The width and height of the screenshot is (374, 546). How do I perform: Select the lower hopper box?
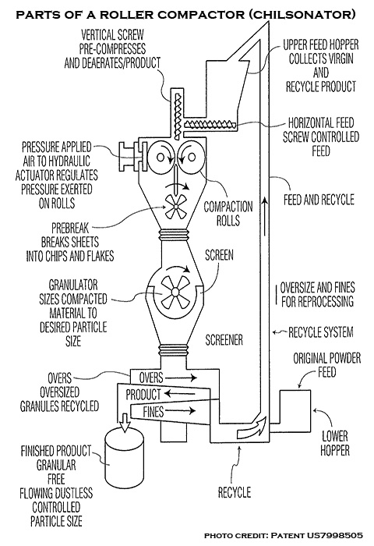pos(295,411)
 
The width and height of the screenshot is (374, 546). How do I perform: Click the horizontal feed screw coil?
pos(210,123)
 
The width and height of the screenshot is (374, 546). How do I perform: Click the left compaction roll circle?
pos(160,157)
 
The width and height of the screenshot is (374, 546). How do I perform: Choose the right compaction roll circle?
pos(191,157)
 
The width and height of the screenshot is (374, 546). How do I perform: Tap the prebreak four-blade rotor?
pos(176,207)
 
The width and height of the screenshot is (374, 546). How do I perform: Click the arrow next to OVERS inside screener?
pos(182,378)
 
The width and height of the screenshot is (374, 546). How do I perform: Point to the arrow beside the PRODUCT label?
pos(179,394)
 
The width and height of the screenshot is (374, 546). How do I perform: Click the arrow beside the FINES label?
pos(181,411)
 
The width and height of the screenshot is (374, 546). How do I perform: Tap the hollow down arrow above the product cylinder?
pos(125,422)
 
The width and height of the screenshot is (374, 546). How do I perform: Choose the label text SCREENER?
pos(224,340)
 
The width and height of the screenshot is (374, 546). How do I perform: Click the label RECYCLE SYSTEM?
pos(321,332)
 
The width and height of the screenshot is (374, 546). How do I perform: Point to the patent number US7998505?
pos(334,535)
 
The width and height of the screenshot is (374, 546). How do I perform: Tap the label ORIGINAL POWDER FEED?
pos(327,365)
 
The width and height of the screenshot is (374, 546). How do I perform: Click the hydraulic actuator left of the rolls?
pos(131,157)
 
